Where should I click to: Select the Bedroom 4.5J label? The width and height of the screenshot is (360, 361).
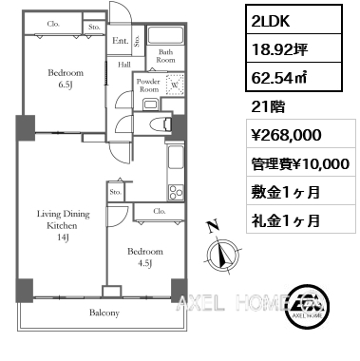pos(146,257)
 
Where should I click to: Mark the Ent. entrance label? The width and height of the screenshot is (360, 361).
pos(120,41)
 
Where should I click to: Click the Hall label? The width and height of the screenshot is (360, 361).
pos(123,65)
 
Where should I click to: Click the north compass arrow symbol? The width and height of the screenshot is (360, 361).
pos(222,254)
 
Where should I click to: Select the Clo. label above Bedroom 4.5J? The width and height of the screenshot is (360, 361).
pos(158,211)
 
